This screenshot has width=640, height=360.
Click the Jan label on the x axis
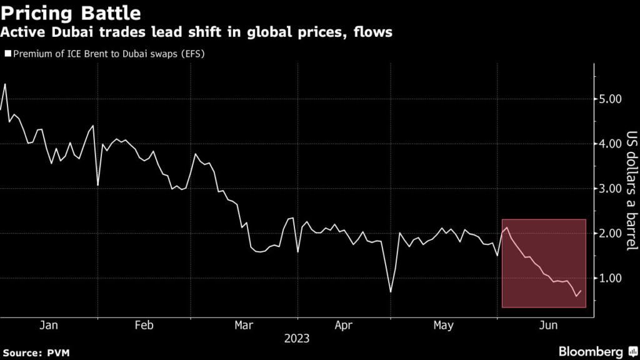pyautogui.click(x=49, y=325)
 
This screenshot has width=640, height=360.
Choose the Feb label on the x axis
pyautogui.click(x=144, y=325)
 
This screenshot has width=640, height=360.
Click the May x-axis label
pyautogui.click(x=443, y=325)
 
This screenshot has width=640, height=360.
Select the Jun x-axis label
pyautogui.click(x=548, y=325)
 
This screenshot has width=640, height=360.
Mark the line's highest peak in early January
pyautogui.click(x=5, y=84)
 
